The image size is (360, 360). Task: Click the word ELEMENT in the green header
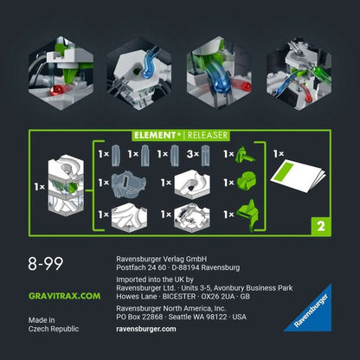pos(156,135)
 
